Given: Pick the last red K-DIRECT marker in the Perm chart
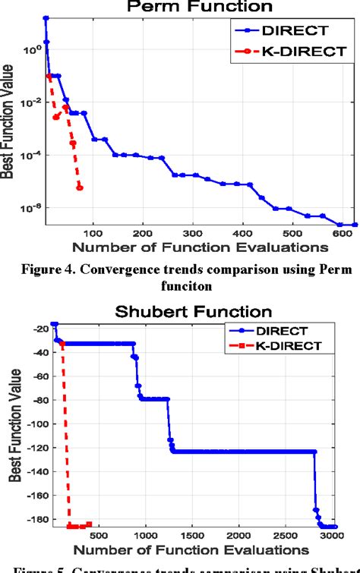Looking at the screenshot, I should (x=80, y=187).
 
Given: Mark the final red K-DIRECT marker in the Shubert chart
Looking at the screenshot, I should (x=89, y=524).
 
